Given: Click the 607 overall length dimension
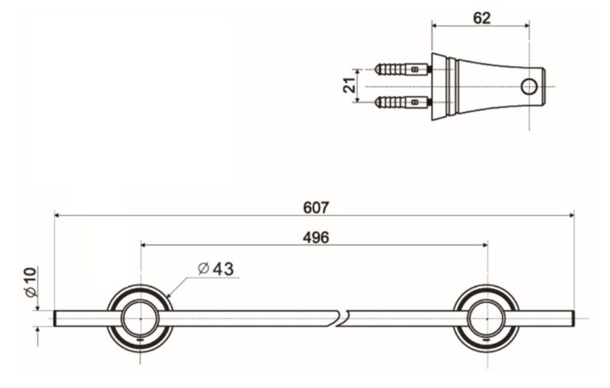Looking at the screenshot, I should pos(316,207).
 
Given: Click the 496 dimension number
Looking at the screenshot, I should pos(316,237).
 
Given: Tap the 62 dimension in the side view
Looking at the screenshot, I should pos(481,17).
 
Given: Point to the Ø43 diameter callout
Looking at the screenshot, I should pos(215,269).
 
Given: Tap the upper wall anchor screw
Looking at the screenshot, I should pos(402,70).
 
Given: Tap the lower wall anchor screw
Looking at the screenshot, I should pos(402,102).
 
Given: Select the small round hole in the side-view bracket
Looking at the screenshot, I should pos(529,86).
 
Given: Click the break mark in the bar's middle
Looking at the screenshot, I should pos(342,318).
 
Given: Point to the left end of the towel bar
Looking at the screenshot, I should pos(56,318).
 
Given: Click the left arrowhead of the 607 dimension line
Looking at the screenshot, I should pos(57,215).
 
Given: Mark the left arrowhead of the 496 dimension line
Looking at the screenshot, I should pos(144,245).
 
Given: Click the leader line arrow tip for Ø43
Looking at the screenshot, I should pos(167,297).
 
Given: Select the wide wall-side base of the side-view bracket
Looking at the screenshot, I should pos(439,86).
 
